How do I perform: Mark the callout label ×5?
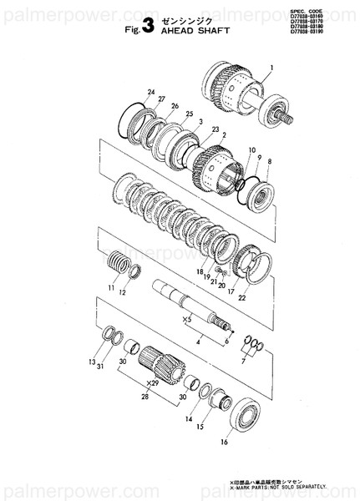[x=188, y=318]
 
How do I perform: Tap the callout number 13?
[x=91, y=362]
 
